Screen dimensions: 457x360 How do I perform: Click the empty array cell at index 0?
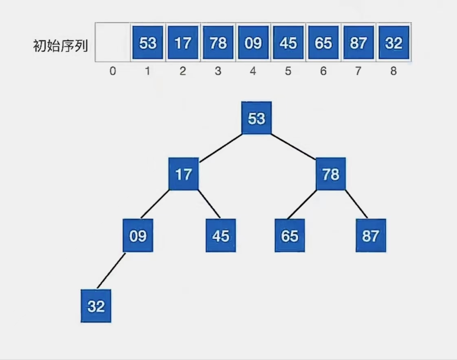[x=112, y=42]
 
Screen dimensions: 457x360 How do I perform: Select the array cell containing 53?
[x=147, y=42]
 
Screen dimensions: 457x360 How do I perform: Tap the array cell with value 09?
[x=253, y=42]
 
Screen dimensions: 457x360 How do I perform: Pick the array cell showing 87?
[x=358, y=42]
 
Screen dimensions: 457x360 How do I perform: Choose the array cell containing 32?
[x=393, y=42]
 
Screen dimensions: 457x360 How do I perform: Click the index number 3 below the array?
[x=218, y=71]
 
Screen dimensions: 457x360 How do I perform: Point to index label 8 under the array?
[x=393, y=71]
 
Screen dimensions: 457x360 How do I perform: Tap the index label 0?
[x=112, y=71]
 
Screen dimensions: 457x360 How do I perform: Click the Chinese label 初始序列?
[x=60, y=46]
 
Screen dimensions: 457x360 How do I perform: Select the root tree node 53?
[x=256, y=118]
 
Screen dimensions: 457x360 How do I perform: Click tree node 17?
[x=183, y=174]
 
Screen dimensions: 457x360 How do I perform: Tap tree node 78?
[x=331, y=174]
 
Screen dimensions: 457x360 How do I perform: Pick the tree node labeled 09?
[x=138, y=236]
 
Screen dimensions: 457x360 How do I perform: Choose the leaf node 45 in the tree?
[x=221, y=236]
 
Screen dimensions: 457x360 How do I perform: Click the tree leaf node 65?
[x=290, y=236]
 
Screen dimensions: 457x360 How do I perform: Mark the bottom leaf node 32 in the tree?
[x=96, y=306]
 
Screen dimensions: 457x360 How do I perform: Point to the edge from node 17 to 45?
[x=209, y=204]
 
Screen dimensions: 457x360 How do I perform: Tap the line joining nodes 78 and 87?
[x=356, y=204]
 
